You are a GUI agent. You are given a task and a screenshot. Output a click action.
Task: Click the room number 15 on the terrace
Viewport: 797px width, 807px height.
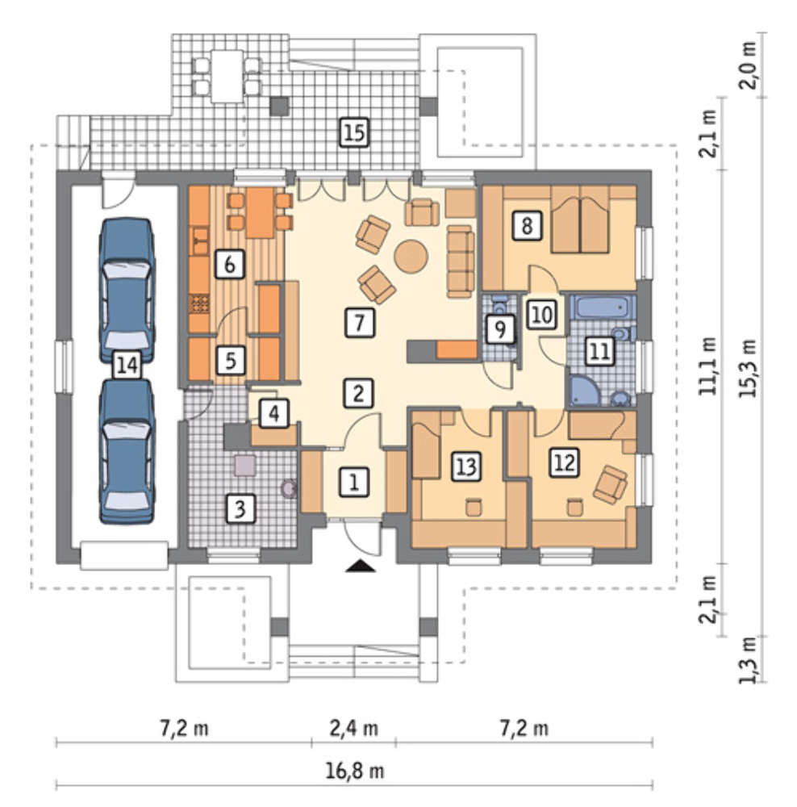[354, 132]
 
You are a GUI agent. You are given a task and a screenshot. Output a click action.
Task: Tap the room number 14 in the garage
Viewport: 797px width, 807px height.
[127, 365]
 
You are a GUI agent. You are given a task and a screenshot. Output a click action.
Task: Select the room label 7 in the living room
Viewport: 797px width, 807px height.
[360, 323]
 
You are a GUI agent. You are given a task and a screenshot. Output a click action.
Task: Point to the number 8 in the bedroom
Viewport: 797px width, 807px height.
[527, 226]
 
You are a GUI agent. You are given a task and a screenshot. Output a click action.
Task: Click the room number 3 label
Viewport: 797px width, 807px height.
[240, 509]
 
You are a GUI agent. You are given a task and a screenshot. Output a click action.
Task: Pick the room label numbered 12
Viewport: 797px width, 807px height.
[565, 462]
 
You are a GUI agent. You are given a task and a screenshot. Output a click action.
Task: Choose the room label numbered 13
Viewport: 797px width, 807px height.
[466, 466]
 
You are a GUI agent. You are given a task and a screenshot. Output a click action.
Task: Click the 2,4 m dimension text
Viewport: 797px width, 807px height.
[353, 729]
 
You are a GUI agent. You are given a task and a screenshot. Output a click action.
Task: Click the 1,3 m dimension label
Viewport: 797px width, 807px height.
[748, 660]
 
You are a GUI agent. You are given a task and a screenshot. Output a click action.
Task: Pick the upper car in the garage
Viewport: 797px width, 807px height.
[127, 291]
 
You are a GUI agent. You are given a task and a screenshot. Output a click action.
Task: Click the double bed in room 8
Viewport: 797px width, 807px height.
[580, 220]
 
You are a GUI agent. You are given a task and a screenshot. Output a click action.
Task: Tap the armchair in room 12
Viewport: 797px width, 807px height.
[611, 483]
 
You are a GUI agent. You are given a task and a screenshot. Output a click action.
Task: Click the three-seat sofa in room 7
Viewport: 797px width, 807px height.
[461, 261]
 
